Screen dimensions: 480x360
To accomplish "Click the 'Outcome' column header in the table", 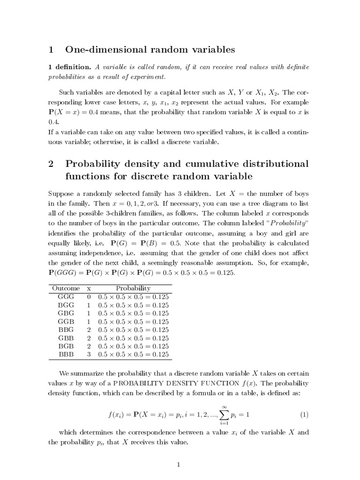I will tap(66, 288).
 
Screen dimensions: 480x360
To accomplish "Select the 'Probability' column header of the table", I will tap(133, 288).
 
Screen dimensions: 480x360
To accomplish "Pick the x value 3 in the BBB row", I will tap(89, 354).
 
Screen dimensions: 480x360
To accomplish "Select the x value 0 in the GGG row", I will tap(89, 297).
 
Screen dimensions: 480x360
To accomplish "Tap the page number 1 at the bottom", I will tap(178, 465).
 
